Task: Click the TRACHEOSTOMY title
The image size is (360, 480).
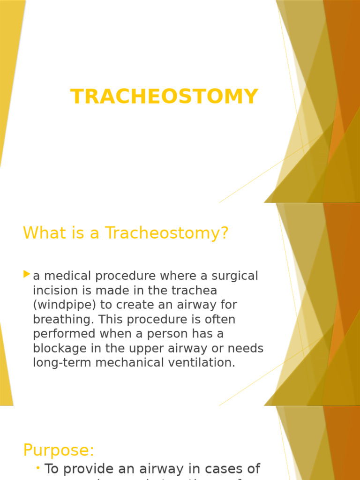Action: tap(164, 97)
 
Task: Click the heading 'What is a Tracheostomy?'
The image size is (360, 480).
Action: tap(126, 232)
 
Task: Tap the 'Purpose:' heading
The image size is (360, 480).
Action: tap(59, 450)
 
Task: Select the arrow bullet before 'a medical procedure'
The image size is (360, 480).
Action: tap(27, 274)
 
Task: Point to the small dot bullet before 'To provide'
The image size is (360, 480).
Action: tap(37, 468)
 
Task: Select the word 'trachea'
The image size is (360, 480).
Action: tap(194, 291)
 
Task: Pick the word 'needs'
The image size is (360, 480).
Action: tap(244, 348)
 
